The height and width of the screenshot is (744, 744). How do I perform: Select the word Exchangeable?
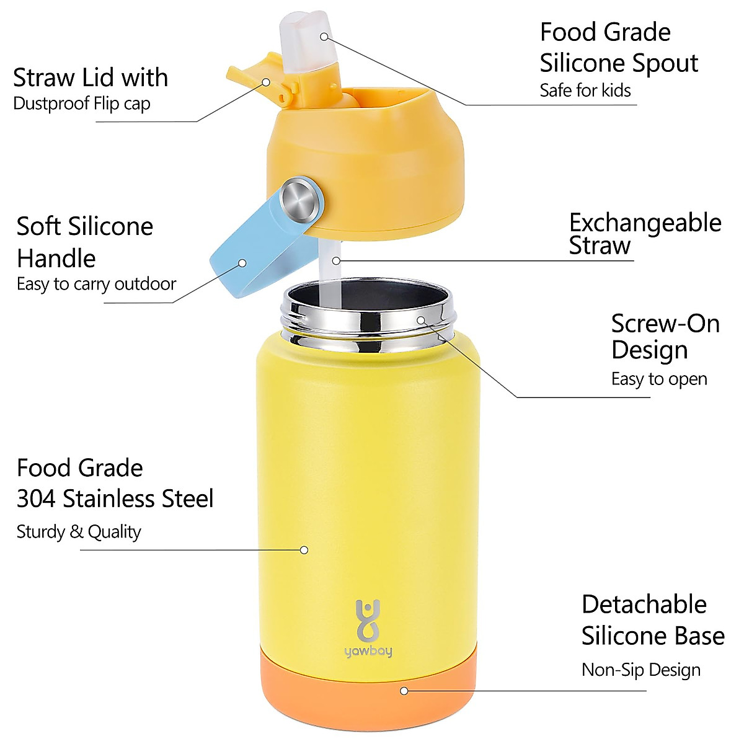[x=645, y=223]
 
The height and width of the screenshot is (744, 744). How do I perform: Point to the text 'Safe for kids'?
[x=585, y=91]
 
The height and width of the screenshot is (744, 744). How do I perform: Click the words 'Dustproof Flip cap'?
[x=81, y=104]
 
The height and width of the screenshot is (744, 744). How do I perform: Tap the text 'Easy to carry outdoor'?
[x=96, y=284]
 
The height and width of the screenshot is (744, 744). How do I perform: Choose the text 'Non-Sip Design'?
[x=640, y=670]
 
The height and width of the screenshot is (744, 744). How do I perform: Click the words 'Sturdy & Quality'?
[x=79, y=531]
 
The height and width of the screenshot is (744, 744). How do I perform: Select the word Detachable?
[x=644, y=604]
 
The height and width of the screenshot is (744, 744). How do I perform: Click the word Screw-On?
[x=665, y=324]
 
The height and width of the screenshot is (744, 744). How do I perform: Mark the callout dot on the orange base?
[x=404, y=691]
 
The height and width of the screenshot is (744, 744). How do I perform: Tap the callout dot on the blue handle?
[x=242, y=263]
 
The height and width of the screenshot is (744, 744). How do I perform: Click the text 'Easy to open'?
[x=659, y=379]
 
